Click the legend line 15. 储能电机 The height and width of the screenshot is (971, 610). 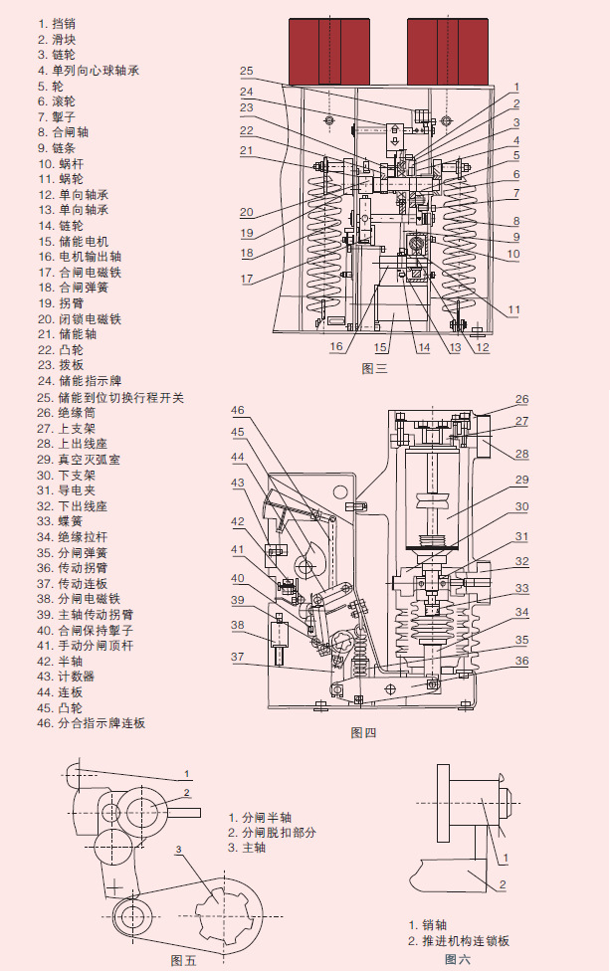(75, 242)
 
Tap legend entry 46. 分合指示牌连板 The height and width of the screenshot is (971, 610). (92, 723)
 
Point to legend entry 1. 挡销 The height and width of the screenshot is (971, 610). (58, 23)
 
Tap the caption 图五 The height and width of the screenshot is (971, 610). (184, 960)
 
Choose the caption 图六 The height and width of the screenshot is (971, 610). (458, 959)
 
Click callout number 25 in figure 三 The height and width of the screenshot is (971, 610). (247, 72)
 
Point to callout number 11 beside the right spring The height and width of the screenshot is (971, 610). (513, 310)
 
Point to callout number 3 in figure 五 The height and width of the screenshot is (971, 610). (178, 849)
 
